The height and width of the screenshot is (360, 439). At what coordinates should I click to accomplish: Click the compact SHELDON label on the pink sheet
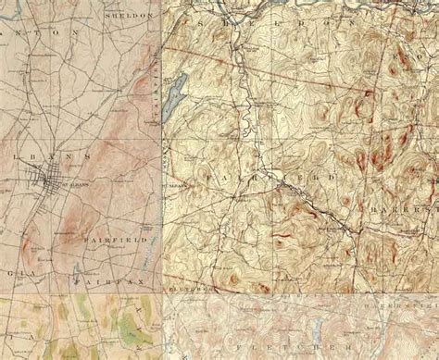pyautogui.click(x=128, y=17)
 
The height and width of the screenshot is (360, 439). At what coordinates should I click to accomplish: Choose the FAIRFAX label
pyautogui.click(x=99, y=276)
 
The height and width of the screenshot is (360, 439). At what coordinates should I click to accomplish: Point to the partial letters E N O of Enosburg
pyautogui.click(x=418, y=56)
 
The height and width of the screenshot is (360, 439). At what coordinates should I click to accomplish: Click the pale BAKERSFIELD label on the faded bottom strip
pyautogui.click(x=398, y=304)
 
